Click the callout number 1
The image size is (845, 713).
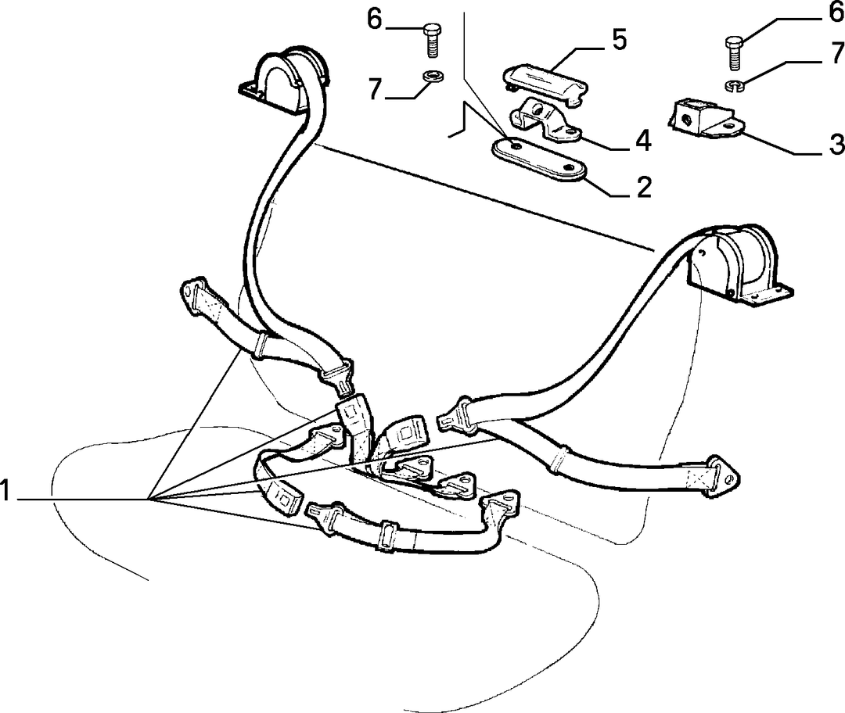click(x=5, y=491)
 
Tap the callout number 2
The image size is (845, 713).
click(x=643, y=187)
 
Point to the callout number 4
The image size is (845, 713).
click(x=643, y=141)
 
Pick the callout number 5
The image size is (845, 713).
click(x=619, y=41)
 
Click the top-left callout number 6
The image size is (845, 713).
click(x=375, y=20)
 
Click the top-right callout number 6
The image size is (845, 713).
click(x=835, y=12)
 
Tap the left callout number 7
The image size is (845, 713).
click(x=375, y=89)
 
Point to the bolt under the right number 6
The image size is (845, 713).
click(x=732, y=53)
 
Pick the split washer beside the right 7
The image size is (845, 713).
click(x=733, y=84)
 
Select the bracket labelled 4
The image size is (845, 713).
click(x=545, y=120)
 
